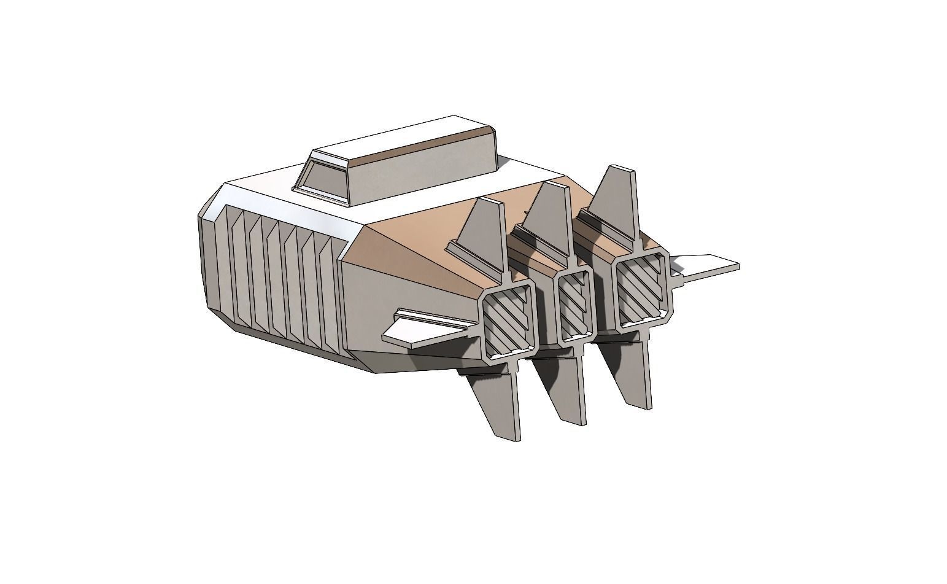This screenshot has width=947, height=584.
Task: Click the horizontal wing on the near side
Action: tap(417, 332)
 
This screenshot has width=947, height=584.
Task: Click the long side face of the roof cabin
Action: tap(423, 169)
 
